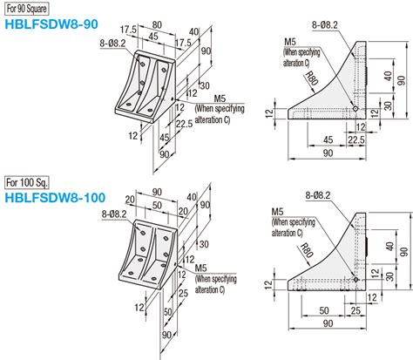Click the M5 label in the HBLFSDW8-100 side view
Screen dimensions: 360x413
coord(277,212)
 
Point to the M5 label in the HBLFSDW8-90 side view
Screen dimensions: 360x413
coord(289,41)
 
